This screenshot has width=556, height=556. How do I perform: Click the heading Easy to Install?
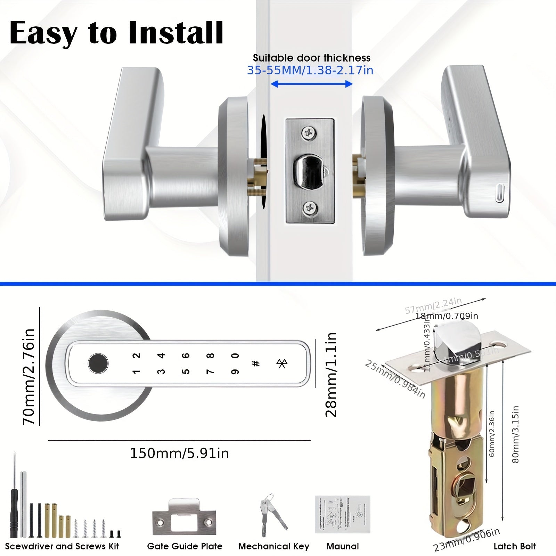tap(116, 34)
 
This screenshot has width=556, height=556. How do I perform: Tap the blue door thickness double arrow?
tap(311, 84)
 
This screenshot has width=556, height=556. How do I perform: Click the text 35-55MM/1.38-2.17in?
tap(310, 71)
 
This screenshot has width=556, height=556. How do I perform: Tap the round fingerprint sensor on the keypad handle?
tap(98, 363)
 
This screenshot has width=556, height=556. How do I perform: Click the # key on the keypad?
tap(256, 364)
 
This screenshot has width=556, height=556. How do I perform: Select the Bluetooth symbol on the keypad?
tap(281, 363)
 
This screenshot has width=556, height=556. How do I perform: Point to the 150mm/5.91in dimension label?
tap(179, 453)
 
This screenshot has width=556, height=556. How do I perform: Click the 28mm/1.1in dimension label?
tap(331, 374)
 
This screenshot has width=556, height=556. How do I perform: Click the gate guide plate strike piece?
tap(184, 519)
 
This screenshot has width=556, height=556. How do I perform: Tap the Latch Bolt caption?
tap(515, 546)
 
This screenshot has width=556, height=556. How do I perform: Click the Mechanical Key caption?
tap(273, 546)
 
